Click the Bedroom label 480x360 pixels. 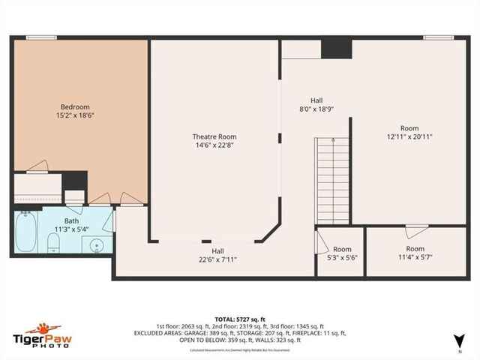click(76, 107)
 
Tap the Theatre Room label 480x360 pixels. click(214, 136)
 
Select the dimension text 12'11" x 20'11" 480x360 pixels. click(409, 136)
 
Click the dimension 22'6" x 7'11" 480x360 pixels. click(217, 259)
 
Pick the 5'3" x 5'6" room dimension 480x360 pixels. click(342, 258)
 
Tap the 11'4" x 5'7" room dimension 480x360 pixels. click(415, 257)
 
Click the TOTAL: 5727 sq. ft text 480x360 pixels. click(241, 319)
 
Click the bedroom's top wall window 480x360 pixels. click(41, 37)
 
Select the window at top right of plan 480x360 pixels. click(438, 37)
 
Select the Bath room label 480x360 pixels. click(72, 220)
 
